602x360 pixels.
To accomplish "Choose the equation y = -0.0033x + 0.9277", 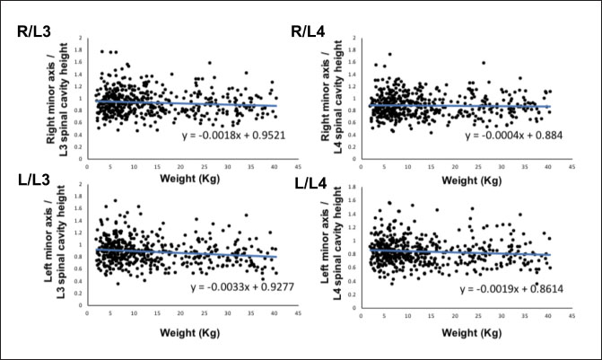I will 236,287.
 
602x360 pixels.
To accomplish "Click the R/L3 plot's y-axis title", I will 56,94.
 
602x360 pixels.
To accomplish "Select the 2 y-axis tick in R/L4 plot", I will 359,38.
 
